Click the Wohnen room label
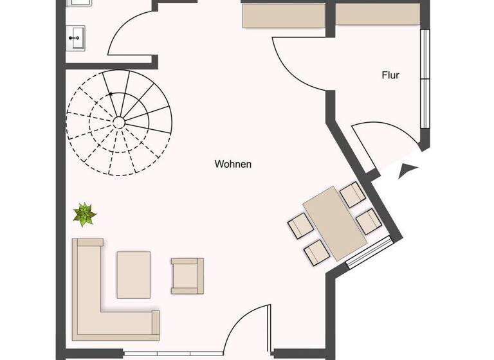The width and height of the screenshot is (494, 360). pyautogui.click(x=233, y=165)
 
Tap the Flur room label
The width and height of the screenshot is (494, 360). pyautogui.click(x=390, y=75)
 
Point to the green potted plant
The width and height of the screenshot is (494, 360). pyautogui.click(x=84, y=214)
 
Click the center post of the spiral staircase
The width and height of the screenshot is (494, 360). pyautogui.click(x=119, y=121)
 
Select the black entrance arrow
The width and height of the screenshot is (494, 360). pyautogui.click(x=408, y=170)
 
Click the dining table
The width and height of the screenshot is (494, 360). pyautogui.click(x=334, y=222)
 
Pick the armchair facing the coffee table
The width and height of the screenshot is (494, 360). pyautogui.click(x=187, y=275)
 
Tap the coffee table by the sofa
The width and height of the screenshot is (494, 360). pyautogui.click(x=134, y=274)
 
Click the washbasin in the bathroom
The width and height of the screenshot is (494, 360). pyautogui.click(x=77, y=37)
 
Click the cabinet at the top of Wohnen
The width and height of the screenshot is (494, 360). pyautogui.click(x=283, y=15)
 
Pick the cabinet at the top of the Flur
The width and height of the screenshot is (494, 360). pyautogui.click(x=378, y=14)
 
